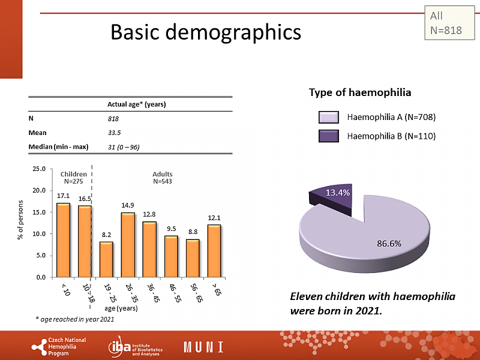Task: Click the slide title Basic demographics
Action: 205,32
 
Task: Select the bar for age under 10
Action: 63,240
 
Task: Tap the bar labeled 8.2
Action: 106,259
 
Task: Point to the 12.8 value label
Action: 149,214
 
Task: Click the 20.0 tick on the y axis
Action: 39,190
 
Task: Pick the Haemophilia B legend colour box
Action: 329,136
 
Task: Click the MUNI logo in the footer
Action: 203,347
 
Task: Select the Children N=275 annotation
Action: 73,177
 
